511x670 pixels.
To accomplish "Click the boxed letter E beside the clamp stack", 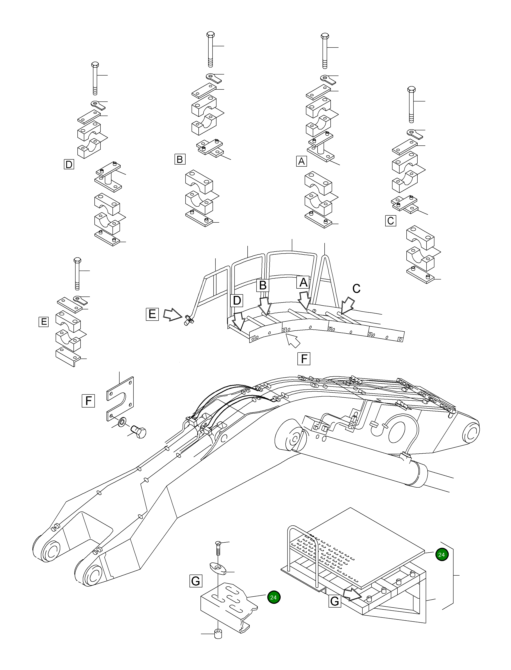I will point(44,322).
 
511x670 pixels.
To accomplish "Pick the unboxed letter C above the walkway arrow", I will point(356,288).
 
